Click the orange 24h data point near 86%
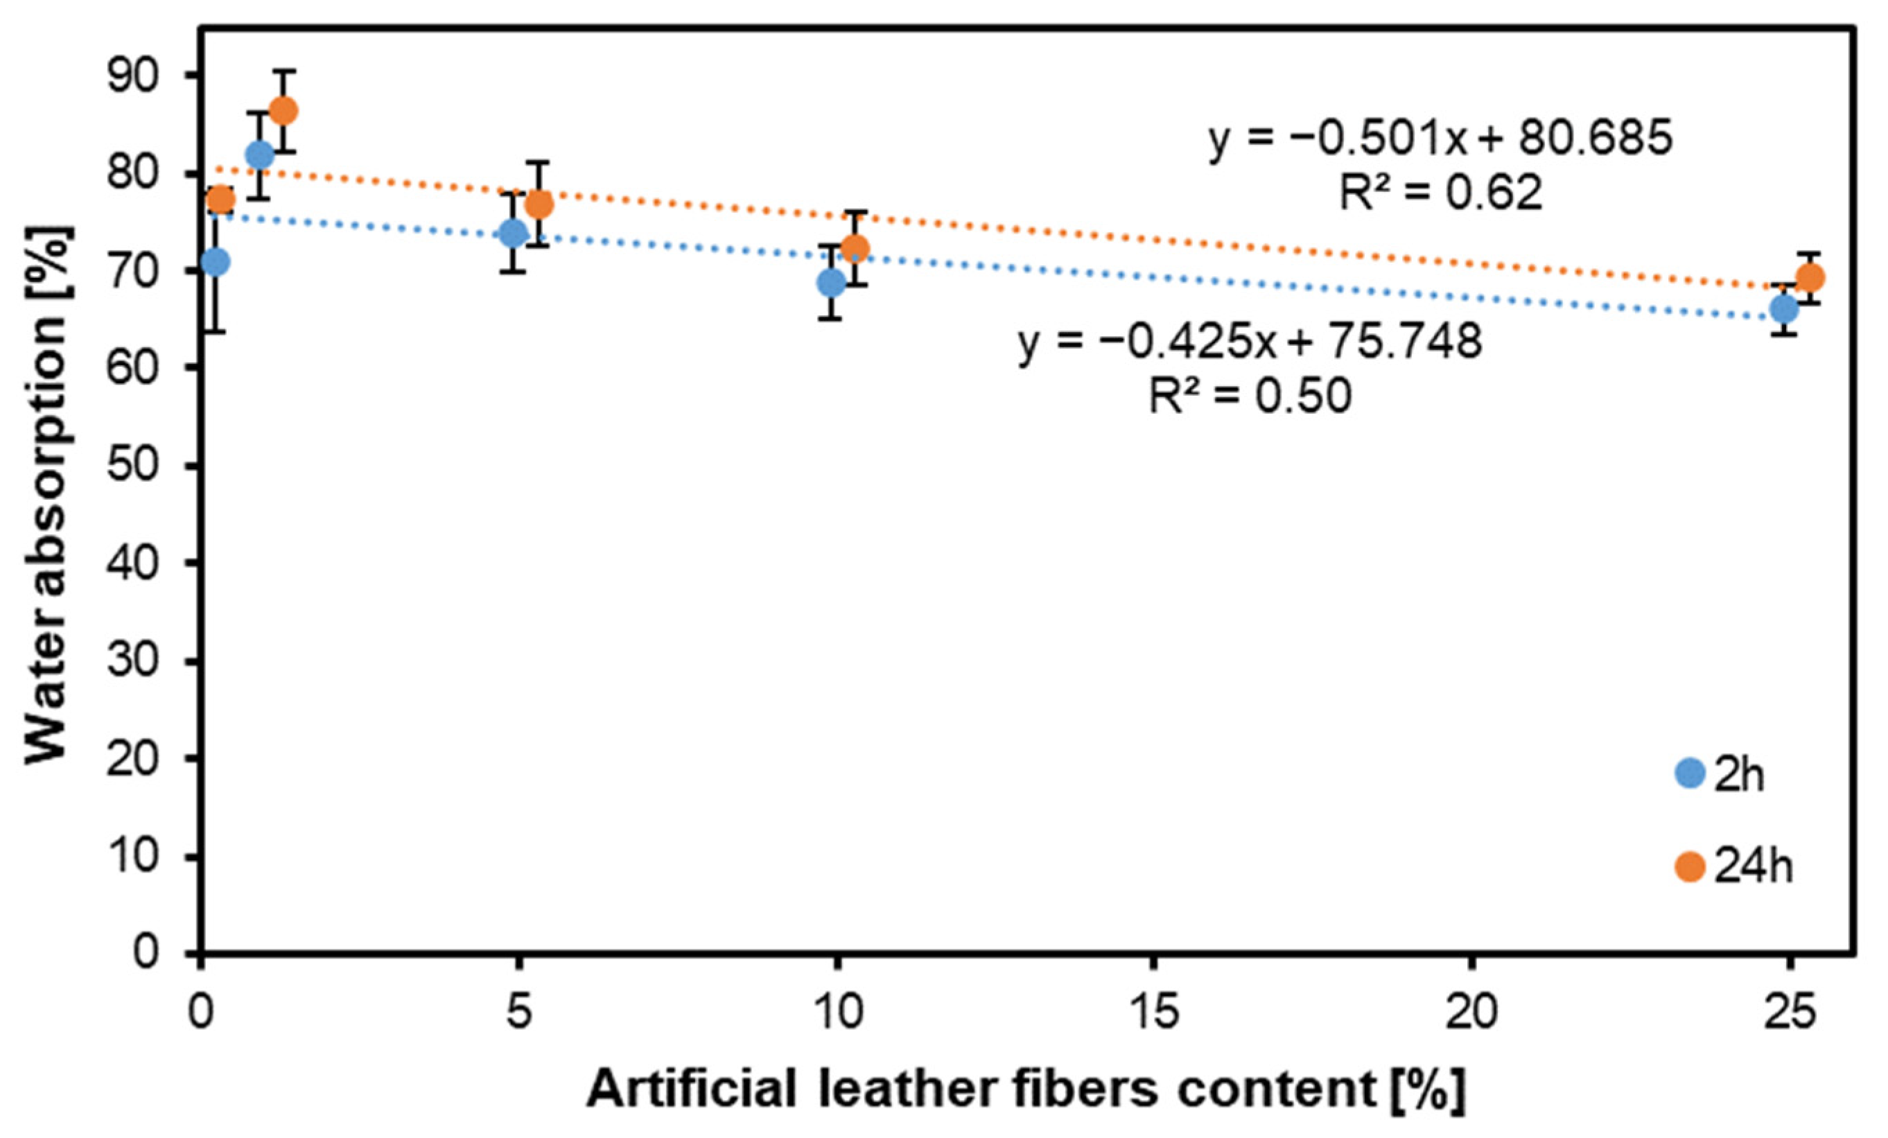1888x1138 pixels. click(x=283, y=110)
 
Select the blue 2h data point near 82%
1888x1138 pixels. click(x=260, y=155)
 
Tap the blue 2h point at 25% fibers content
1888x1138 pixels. click(x=1785, y=309)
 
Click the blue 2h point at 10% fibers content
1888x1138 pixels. click(x=830, y=283)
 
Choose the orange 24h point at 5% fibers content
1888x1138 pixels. click(x=539, y=204)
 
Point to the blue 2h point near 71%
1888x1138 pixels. click(x=216, y=261)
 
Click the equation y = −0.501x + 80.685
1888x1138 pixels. click(x=1440, y=139)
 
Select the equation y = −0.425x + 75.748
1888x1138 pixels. click(x=1250, y=342)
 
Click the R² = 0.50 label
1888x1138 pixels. click(x=1250, y=396)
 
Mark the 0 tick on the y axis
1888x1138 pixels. click(x=161, y=954)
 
